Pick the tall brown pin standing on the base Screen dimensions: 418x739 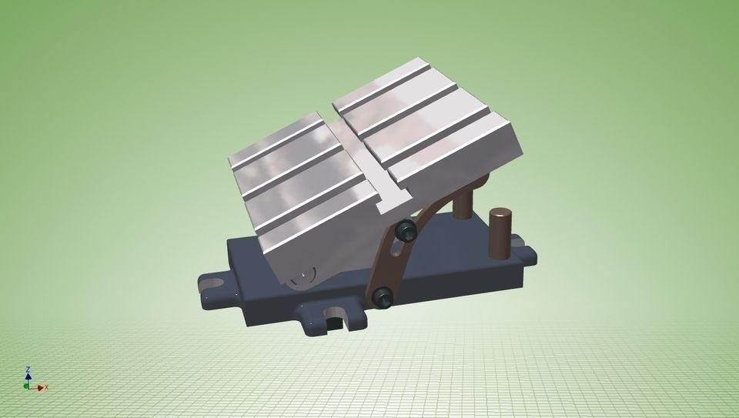tap(500, 230)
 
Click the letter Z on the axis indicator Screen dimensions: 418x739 tap(28, 370)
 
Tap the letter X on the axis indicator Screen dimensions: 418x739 tap(46, 387)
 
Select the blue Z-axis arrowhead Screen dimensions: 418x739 tap(28, 376)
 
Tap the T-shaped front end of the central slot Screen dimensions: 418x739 tap(393, 202)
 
